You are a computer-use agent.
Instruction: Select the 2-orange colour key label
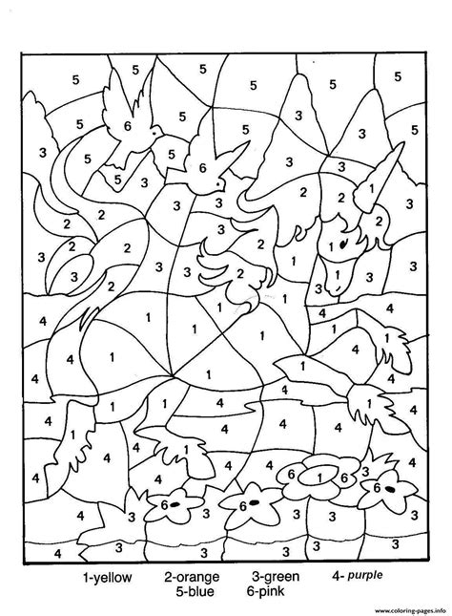192,577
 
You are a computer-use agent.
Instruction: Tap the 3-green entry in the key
276,577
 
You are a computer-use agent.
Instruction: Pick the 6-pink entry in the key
274,591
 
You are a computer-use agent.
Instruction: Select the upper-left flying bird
128,118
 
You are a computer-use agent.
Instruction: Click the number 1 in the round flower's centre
319,470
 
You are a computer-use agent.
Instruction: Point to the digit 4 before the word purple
336,577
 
